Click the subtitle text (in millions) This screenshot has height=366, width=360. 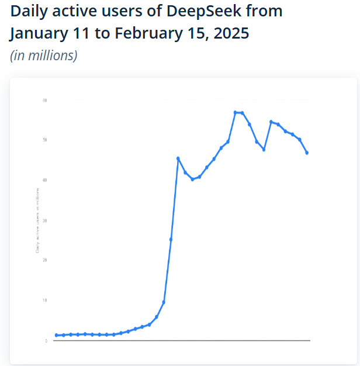[x=44, y=56]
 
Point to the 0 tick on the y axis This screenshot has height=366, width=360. [x=46, y=341]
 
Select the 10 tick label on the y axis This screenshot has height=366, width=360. [x=45, y=301]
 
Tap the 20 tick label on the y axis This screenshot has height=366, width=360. [x=45, y=260]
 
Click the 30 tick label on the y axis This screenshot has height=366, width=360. [x=45, y=220]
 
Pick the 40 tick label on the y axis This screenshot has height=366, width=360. [x=45, y=180]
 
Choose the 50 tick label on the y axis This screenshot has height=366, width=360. [x=45, y=140]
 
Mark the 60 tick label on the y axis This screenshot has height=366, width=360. [x=45, y=101]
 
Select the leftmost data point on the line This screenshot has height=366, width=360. [x=56, y=335]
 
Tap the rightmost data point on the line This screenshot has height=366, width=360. [x=307, y=153]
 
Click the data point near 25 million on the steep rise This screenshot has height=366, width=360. [x=171, y=240]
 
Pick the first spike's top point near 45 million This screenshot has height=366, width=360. [x=178, y=158]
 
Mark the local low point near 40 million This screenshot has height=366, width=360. [x=192, y=179]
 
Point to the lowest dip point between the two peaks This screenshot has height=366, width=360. [x=264, y=150]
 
